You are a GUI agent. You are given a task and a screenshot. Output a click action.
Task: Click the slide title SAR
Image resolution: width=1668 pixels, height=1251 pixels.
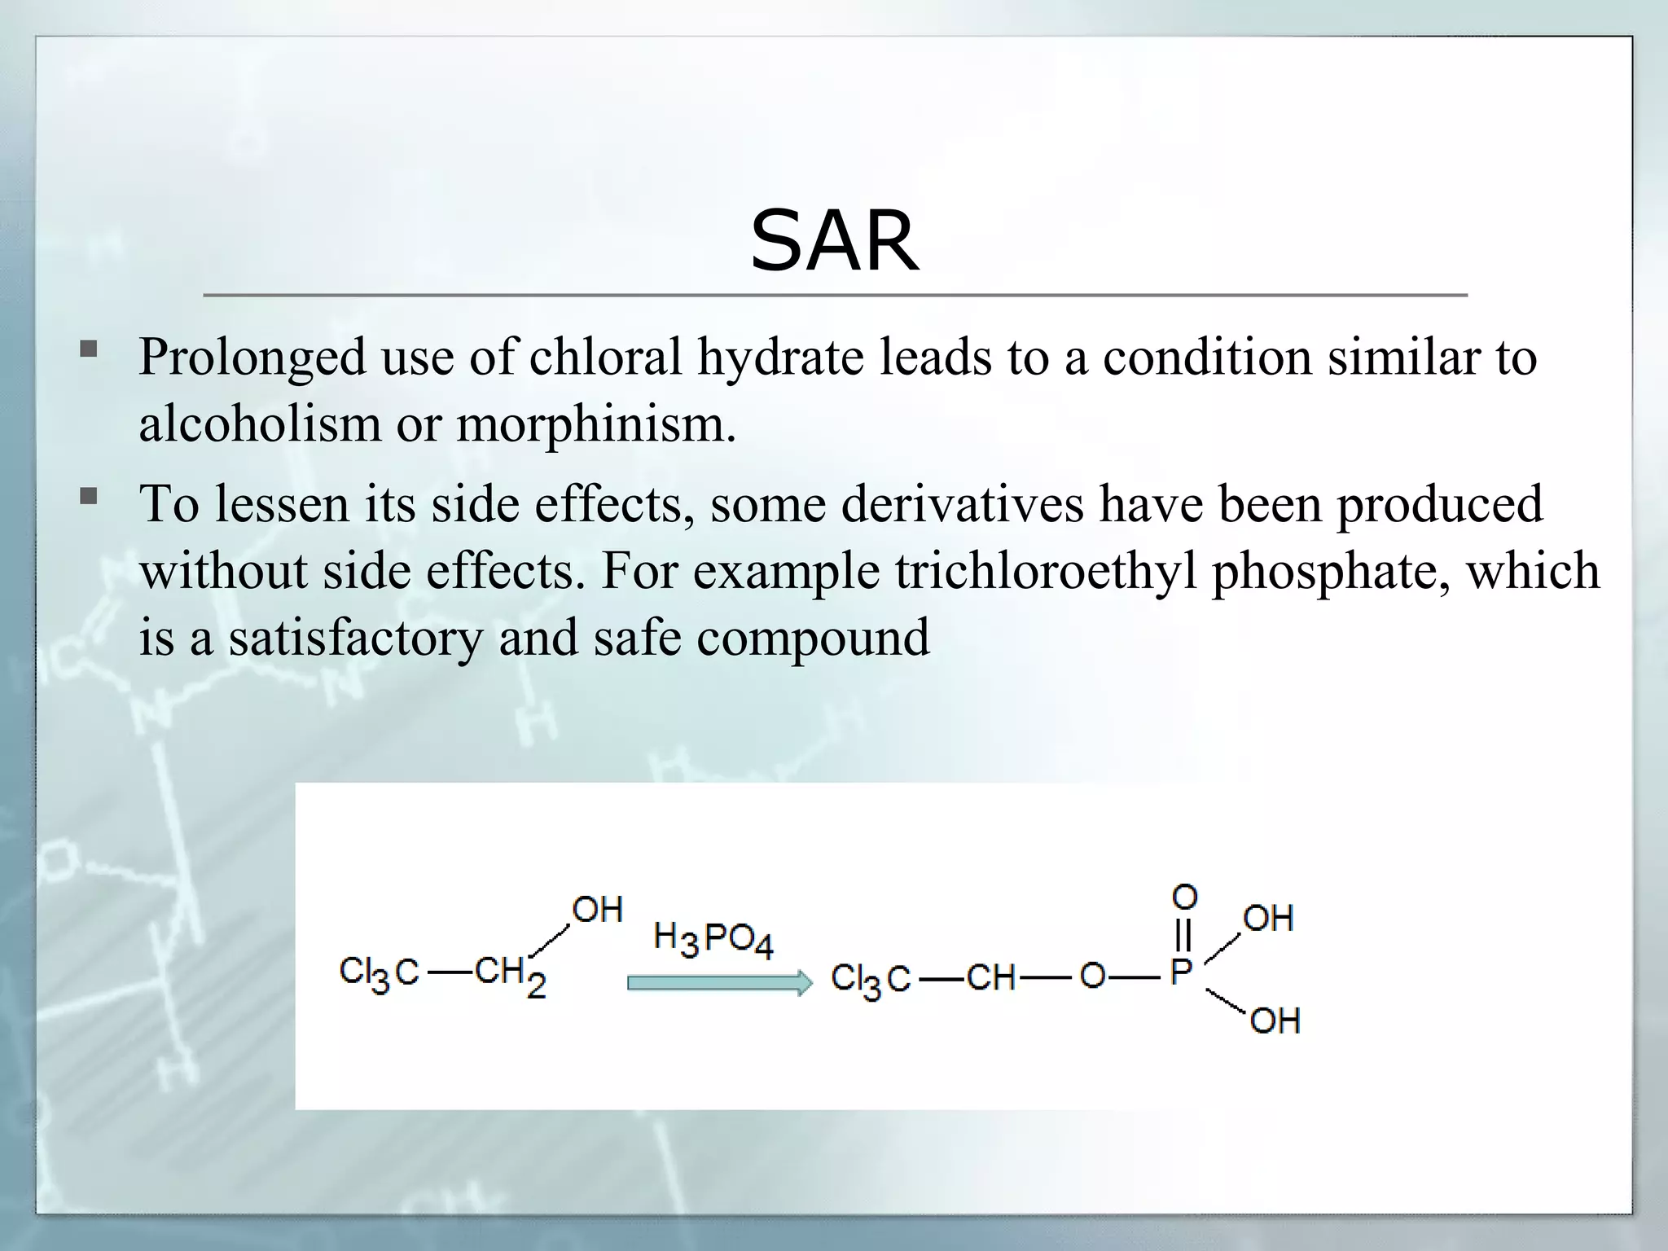click(x=834, y=241)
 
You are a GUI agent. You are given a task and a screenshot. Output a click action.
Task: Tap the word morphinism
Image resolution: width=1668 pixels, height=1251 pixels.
click(x=595, y=424)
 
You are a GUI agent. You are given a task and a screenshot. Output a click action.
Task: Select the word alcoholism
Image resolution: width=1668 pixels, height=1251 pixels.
click(x=260, y=424)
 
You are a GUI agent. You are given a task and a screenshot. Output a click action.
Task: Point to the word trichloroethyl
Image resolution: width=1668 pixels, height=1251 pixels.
click(x=1047, y=571)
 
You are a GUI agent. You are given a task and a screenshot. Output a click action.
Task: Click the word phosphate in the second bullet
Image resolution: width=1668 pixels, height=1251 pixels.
click(x=1331, y=571)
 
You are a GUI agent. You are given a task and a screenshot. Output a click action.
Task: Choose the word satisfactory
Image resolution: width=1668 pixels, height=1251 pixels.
click(x=356, y=638)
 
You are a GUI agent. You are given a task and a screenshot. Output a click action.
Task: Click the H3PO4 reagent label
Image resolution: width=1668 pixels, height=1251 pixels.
click(x=713, y=940)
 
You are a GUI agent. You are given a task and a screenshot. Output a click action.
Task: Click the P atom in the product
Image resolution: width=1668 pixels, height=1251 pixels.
click(x=1182, y=972)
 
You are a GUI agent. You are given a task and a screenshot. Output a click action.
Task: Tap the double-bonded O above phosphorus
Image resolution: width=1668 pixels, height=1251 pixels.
click(x=1185, y=898)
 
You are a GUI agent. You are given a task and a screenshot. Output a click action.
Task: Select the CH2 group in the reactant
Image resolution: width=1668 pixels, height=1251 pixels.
click(x=509, y=974)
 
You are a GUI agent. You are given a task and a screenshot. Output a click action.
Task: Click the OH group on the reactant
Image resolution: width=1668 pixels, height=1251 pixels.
click(x=597, y=910)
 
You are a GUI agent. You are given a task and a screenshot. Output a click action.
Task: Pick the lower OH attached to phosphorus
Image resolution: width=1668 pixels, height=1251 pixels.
click(x=1275, y=1021)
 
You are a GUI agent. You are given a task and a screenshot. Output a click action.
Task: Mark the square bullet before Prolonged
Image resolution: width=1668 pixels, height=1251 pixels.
click(x=89, y=351)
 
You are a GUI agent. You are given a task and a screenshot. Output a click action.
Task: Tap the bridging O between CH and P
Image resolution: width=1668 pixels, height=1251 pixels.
click(x=1092, y=976)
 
